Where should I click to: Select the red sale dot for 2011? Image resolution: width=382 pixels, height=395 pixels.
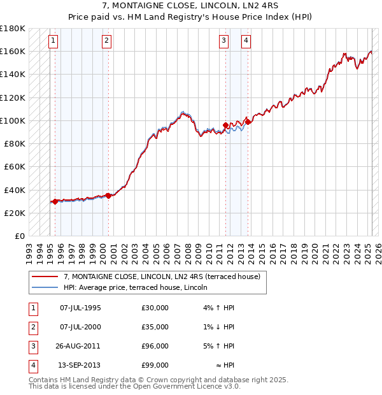225,126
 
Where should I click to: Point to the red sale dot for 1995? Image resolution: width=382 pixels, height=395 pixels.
55,201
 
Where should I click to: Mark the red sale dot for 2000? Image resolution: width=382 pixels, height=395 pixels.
108,196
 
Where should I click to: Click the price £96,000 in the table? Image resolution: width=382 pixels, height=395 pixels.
155,347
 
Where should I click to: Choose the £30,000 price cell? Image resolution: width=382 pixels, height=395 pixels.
155,308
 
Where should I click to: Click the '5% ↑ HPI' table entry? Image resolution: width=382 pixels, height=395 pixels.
220,347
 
